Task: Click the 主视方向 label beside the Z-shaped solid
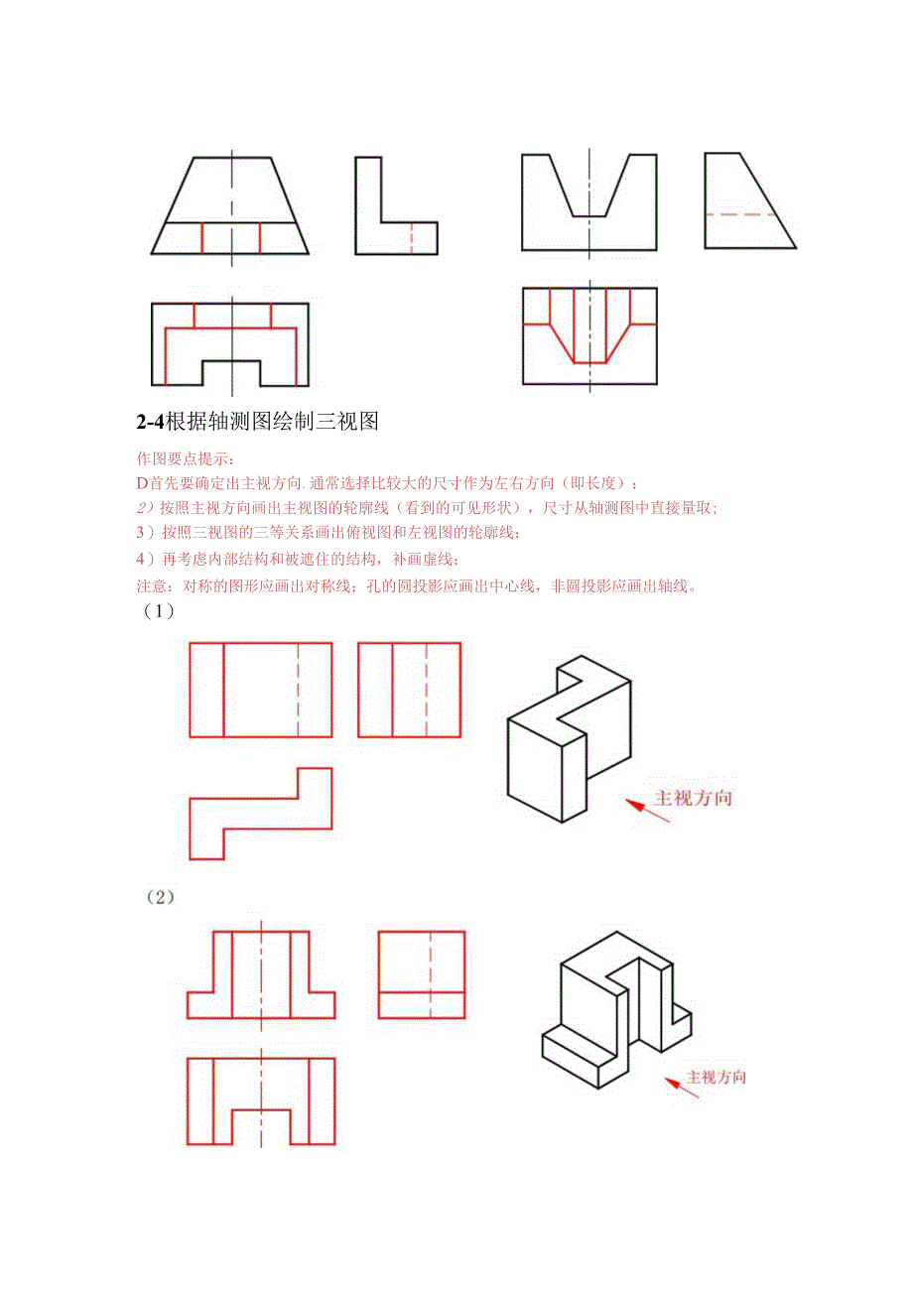tap(693, 798)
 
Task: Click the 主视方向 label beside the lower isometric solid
tap(717, 1078)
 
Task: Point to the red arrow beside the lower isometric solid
tap(682, 1088)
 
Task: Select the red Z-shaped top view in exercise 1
tap(260, 813)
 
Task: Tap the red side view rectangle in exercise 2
tap(421, 974)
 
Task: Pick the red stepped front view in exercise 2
tap(260, 974)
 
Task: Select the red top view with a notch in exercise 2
tap(260, 1099)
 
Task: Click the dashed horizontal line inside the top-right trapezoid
tap(740, 214)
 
